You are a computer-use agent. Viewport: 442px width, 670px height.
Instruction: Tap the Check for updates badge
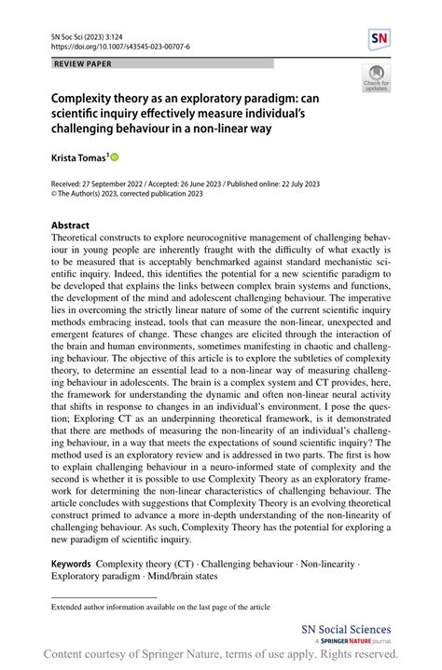pos(376,79)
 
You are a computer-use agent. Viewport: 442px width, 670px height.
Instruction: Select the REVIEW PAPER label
pos(84,63)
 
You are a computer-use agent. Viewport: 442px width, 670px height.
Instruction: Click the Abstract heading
pos(71,226)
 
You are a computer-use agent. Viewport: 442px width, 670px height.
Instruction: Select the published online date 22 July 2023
pos(308,185)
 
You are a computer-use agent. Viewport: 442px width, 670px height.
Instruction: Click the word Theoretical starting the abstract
pos(82,239)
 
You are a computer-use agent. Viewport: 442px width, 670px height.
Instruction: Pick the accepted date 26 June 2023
pos(209,185)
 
